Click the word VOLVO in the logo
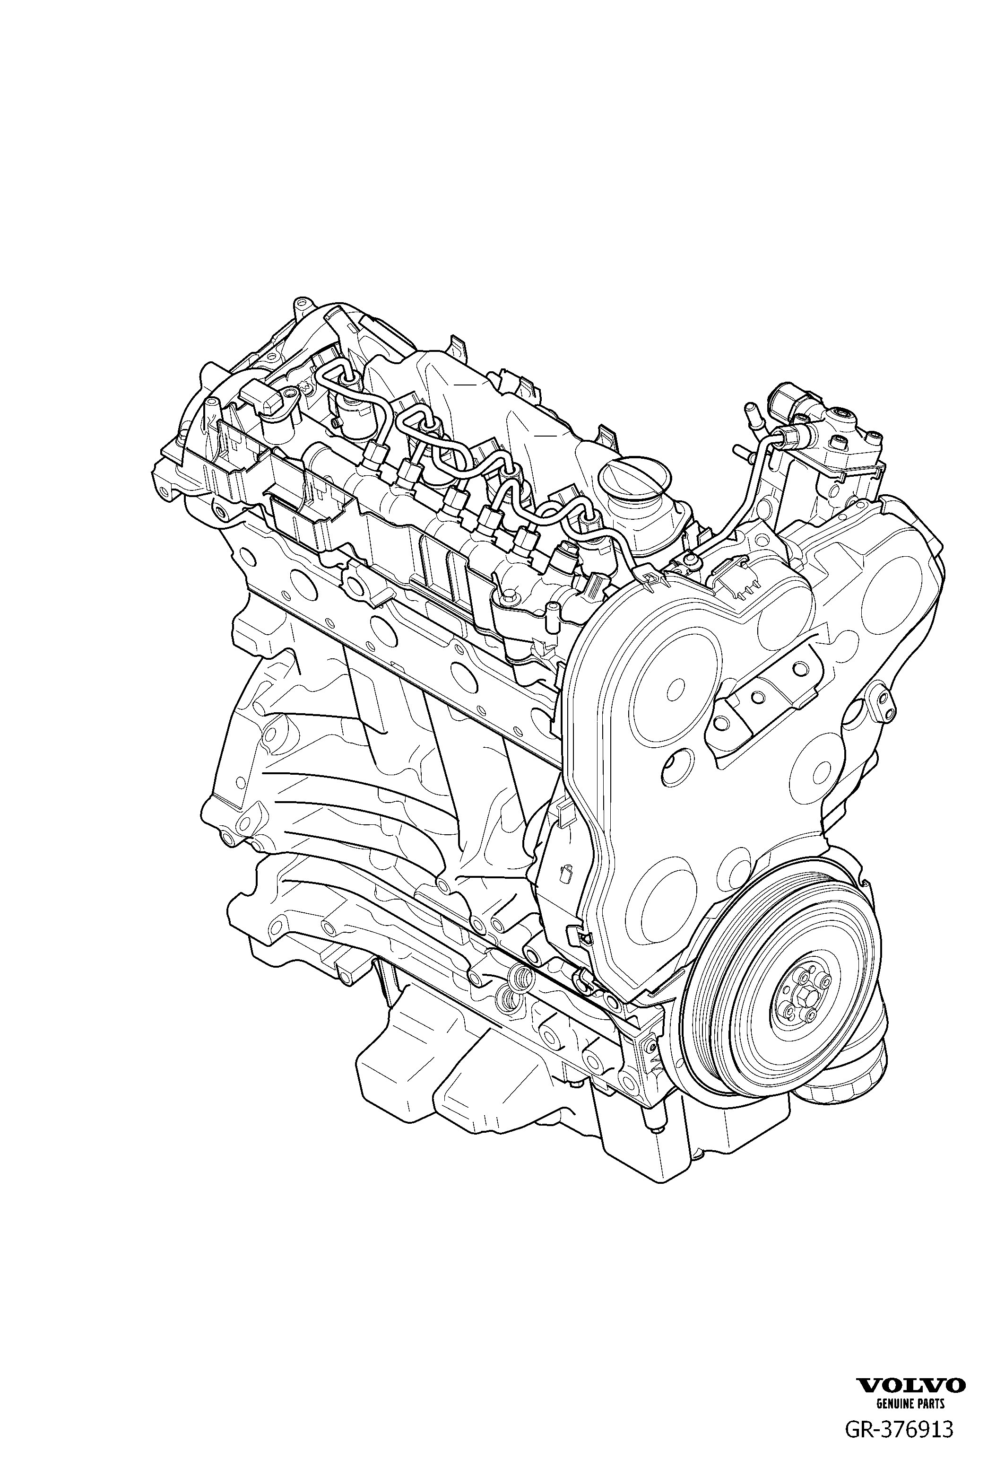pos(911,1381)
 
